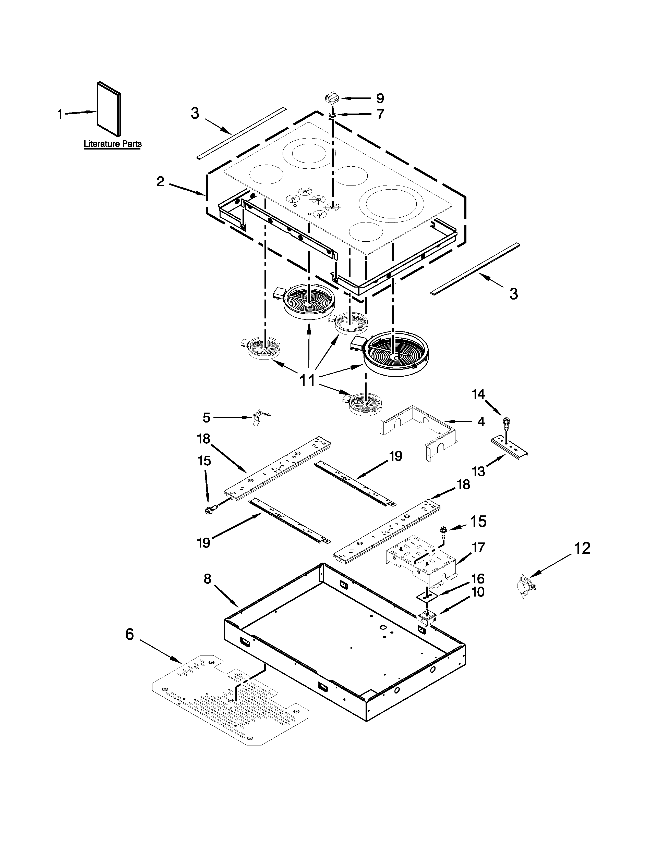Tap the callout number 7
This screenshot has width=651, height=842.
(380, 114)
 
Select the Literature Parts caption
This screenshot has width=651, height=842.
(113, 144)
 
